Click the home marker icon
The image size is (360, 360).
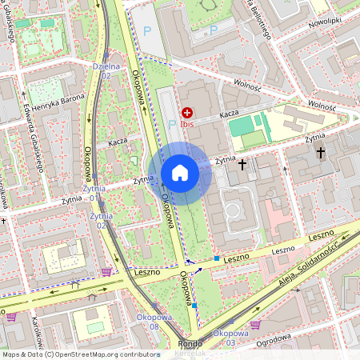point(180,173)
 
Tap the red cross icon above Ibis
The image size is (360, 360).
point(187,114)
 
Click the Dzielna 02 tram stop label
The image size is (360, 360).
point(106,71)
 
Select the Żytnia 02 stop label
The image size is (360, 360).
point(99,221)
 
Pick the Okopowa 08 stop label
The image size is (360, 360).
point(146,322)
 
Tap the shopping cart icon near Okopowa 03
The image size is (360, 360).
point(255,324)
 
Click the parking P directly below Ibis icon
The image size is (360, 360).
point(171,124)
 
